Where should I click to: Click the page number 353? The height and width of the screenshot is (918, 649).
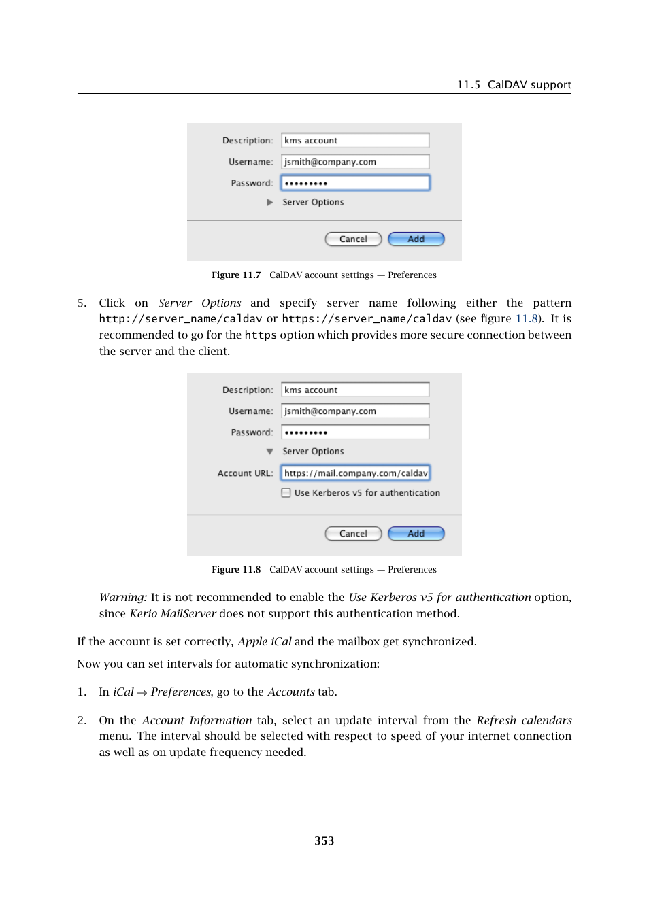(324, 840)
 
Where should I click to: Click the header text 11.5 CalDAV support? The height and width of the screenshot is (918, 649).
(514, 85)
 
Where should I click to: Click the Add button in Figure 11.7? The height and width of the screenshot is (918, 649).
(416, 239)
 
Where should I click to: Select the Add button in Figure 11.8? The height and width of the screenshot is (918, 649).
(416, 534)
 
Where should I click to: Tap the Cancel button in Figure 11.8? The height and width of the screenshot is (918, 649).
(353, 534)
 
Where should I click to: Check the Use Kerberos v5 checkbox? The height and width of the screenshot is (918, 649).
(286, 493)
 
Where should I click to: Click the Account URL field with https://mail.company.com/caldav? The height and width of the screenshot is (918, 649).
(355, 473)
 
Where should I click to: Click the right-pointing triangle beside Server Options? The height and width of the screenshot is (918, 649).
(270, 203)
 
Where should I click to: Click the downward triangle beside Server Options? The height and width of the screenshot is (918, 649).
(270, 452)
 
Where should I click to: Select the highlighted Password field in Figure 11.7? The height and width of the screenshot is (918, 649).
(355, 183)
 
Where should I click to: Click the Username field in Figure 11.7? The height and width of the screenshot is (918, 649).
(355, 162)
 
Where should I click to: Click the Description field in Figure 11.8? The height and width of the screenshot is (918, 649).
(355, 390)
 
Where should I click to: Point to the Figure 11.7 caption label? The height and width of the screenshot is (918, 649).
(235, 275)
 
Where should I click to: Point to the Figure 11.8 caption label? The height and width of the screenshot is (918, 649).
(235, 570)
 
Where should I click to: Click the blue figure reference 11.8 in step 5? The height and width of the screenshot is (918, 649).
(527, 319)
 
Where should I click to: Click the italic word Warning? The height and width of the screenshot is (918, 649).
(123, 598)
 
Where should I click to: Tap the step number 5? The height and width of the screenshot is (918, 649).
(82, 303)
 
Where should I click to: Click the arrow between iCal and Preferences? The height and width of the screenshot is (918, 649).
(142, 692)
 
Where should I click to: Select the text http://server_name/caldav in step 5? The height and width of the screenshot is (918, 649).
(180, 319)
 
